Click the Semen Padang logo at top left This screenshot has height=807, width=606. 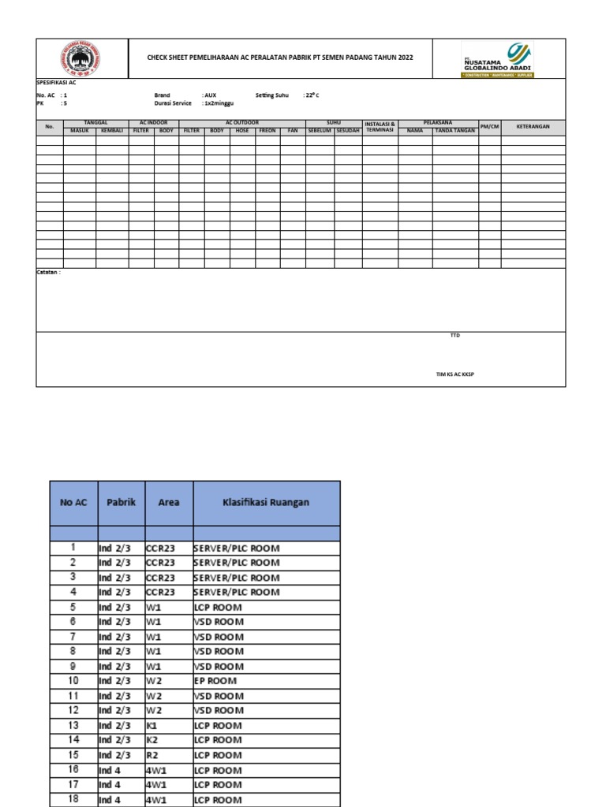pos(82,58)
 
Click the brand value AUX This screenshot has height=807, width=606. pos(210,95)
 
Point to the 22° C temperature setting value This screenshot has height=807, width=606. pos(312,95)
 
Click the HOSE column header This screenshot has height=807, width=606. pos(242,131)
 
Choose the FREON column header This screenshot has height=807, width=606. pos(267,131)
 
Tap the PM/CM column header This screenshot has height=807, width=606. pos(489,127)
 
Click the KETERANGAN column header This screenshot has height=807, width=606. pos(533,127)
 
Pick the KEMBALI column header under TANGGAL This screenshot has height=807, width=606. pos(112,131)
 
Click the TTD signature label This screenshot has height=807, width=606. pos(454,336)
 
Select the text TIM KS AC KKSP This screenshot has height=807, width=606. pos(454,374)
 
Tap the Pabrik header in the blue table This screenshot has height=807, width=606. pos(121,501)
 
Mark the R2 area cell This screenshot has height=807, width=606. pos(153,754)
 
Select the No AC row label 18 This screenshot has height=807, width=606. pos(73,799)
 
